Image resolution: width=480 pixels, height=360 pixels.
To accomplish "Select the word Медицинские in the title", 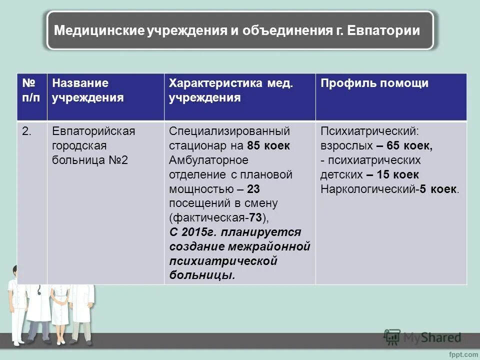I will pyautogui.click(x=99, y=31).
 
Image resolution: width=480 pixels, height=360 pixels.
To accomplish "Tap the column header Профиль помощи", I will pyautogui.click(x=374, y=83).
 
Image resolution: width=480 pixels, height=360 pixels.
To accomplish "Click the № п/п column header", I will pyautogui.click(x=31, y=90).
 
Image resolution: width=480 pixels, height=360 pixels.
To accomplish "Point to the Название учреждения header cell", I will pyautogui.click(x=88, y=90).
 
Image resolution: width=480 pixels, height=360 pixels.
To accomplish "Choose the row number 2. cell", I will pyautogui.click(x=27, y=131).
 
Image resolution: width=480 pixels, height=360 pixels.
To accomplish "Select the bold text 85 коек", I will pyautogui.click(x=268, y=146).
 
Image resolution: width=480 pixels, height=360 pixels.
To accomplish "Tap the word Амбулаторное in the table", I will pyautogui.click(x=208, y=160).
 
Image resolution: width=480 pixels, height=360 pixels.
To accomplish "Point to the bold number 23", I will pyautogui.click(x=253, y=189).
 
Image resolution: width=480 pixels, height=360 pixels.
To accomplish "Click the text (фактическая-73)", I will pyautogui.click(x=219, y=218).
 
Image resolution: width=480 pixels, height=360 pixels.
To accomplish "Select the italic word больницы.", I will pyautogui.click(x=202, y=276).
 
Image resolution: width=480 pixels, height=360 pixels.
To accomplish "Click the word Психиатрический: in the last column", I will pyautogui.click(x=369, y=131).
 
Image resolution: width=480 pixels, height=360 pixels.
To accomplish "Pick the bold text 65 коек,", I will pyautogui.click(x=404, y=146).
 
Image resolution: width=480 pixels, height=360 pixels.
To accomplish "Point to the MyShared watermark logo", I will pyautogui.click(x=422, y=337).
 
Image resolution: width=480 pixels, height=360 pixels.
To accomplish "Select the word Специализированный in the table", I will pyautogui.click(x=229, y=131).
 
